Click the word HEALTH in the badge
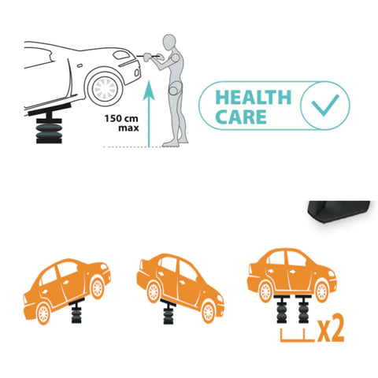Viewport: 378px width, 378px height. coord(254,97)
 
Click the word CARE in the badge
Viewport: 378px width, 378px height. coord(241,117)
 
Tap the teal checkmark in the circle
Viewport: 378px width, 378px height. coord(325,106)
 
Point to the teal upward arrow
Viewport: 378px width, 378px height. coord(149,114)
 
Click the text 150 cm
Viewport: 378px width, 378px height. coord(121,119)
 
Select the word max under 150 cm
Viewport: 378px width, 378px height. coord(128,128)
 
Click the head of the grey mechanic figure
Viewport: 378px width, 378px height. coord(169,42)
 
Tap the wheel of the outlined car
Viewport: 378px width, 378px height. coord(106,88)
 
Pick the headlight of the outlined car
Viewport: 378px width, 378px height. coord(121,55)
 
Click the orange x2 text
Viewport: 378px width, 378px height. coord(331,328)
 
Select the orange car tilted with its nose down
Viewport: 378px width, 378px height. coord(180,287)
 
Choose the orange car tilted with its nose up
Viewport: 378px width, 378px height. coord(67,291)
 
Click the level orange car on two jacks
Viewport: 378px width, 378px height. coord(292,275)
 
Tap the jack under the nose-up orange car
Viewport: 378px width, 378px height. coord(76,310)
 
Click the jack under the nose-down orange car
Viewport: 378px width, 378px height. coord(169,312)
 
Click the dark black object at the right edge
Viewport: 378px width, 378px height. coord(339,211)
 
